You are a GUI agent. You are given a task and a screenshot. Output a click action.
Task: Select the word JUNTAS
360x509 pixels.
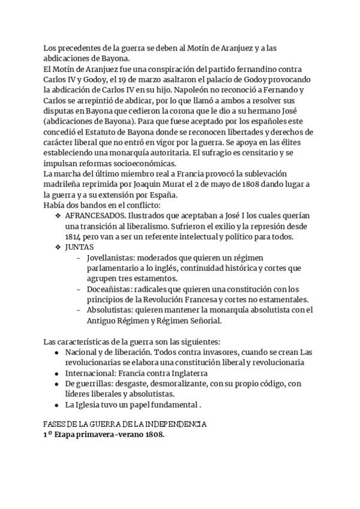(x=80, y=247)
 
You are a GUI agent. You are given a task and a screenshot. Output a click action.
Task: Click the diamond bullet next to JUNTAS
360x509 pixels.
(x=58, y=247)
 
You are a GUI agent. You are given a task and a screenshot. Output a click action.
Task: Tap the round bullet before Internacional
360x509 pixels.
(x=56, y=373)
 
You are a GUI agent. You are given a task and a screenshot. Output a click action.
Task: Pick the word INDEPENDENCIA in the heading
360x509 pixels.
(x=177, y=424)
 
